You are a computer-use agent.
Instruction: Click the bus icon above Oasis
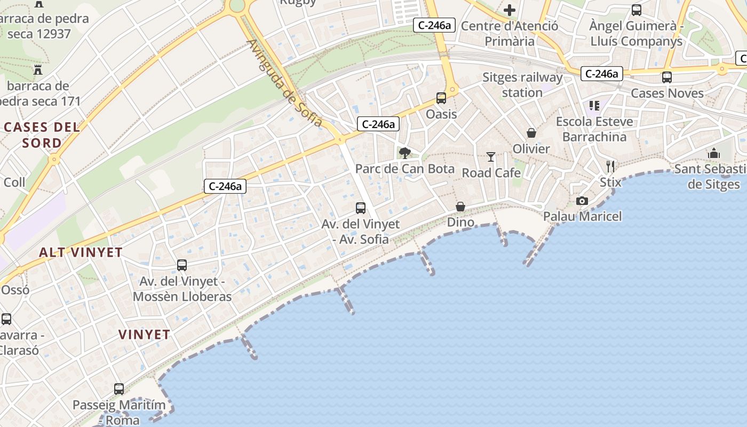[x=441, y=98]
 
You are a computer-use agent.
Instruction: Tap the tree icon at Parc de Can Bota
[x=405, y=154]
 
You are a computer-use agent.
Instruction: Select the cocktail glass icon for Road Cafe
[x=491, y=157]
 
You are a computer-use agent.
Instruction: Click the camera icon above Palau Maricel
[x=582, y=201]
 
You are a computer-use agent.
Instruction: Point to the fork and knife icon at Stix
[x=610, y=167]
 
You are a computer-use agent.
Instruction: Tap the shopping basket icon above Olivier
[x=531, y=133]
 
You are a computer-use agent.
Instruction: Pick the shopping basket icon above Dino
[x=460, y=207]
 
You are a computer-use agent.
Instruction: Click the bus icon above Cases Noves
[x=667, y=77]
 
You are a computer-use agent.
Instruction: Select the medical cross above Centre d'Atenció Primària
[x=510, y=10]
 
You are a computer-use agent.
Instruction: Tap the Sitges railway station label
[x=522, y=85]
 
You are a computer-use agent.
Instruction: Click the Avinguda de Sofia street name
[x=285, y=83]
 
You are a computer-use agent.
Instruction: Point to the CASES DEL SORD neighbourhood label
[x=42, y=135]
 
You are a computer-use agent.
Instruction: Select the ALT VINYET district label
[x=81, y=252]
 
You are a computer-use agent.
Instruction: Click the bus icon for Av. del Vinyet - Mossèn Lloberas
[x=182, y=265]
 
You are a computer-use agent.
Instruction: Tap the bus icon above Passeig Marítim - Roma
[x=119, y=389]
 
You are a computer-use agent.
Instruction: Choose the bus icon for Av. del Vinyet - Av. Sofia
[x=361, y=208]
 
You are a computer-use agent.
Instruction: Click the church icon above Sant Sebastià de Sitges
[x=714, y=154]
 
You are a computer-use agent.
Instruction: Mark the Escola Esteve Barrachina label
[x=594, y=129]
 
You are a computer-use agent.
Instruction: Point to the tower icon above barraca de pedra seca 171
[x=37, y=70]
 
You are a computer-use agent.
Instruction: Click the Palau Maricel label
[x=583, y=217]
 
